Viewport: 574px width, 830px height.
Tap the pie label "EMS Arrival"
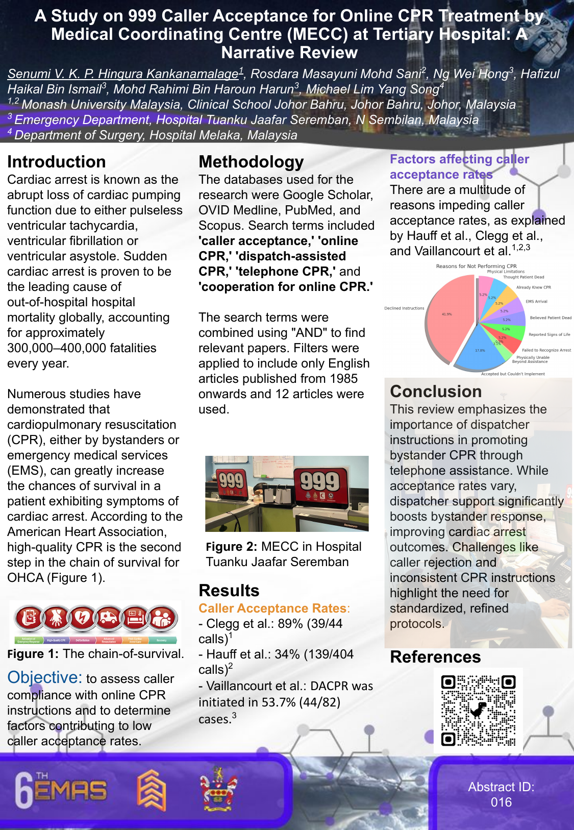(536, 301)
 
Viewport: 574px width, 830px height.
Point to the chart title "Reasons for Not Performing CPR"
(476, 266)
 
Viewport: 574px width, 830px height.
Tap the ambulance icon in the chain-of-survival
(109, 619)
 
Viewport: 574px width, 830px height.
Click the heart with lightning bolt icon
(83, 619)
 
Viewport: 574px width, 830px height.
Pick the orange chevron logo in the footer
(152, 790)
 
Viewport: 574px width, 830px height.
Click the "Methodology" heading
(251, 162)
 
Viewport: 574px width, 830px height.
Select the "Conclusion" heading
(436, 392)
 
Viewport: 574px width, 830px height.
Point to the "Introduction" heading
(57, 162)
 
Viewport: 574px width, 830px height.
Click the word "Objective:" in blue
(45, 677)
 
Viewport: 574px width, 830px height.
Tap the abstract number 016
(501, 802)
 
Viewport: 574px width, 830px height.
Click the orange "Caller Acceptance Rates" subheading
(272, 608)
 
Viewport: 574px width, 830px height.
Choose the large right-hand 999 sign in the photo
(320, 482)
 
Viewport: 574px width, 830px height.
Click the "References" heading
(435, 657)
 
